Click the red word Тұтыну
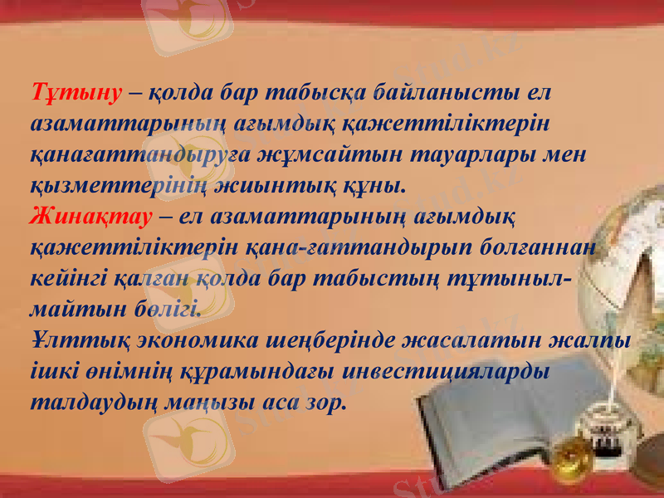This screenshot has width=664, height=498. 76,91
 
